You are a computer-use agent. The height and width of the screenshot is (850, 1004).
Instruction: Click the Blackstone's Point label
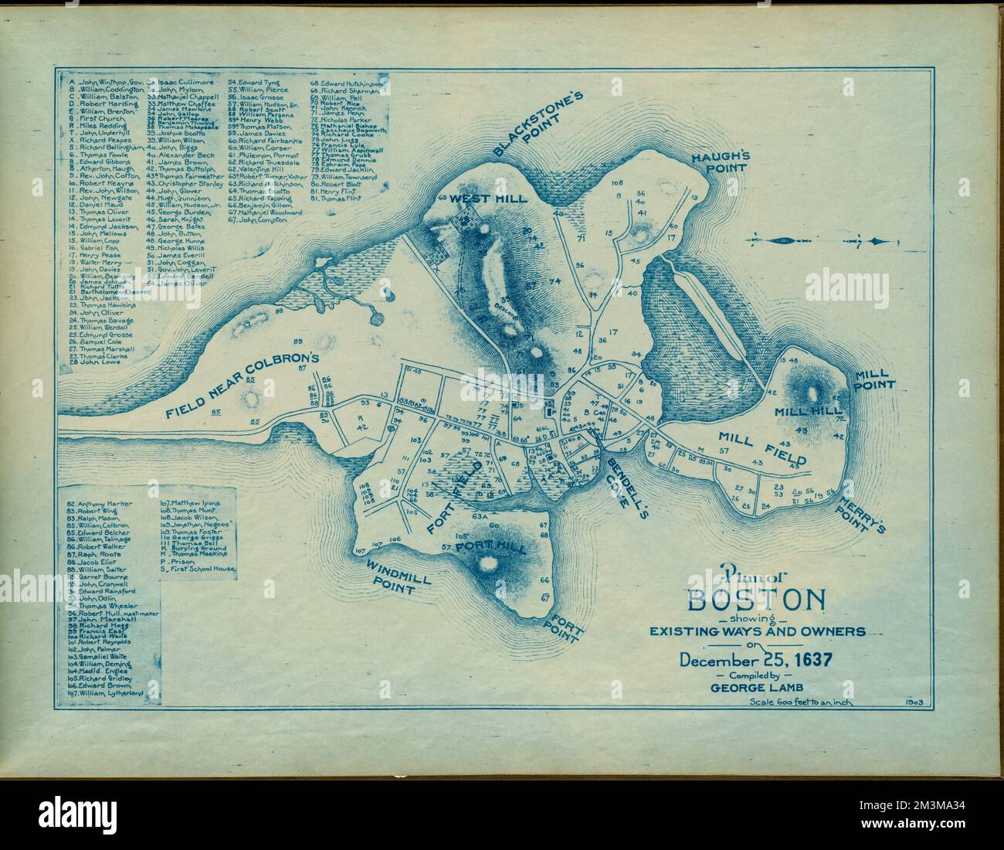(538, 126)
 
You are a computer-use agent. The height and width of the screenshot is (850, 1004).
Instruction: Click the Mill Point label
(873, 379)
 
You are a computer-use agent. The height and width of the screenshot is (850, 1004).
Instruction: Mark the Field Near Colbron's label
(241, 386)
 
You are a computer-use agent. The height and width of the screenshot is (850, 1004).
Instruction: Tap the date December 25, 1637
(755, 661)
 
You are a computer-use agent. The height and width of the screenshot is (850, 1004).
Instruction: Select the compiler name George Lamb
(755, 690)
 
